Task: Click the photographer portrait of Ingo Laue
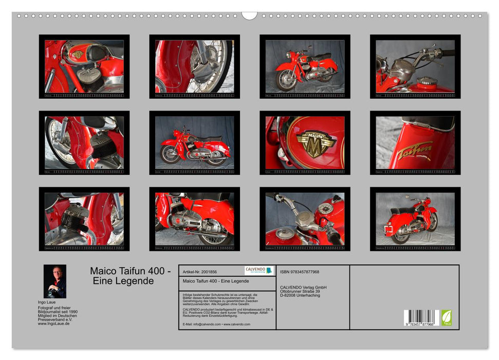pyautogui.click(x=54, y=281)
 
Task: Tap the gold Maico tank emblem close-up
pyautogui.click(x=316, y=143)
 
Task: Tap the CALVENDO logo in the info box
pyautogui.click(x=259, y=271)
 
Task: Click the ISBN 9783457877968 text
pyautogui.click(x=300, y=272)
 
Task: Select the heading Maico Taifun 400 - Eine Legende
pyautogui.click(x=131, y=276)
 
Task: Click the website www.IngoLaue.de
pyautogui.click(x=53, y=323)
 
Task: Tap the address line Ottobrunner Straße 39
pyautogui.click(x=303, y=291)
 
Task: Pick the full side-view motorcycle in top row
pyautogui.click(x=305, y=67)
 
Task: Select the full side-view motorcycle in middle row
pyautogui.click(x=194, y=143)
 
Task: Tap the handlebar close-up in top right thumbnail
pyautogui.click(x=415, y=67)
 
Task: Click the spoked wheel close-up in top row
pyautogui.click(x=194, y=67)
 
